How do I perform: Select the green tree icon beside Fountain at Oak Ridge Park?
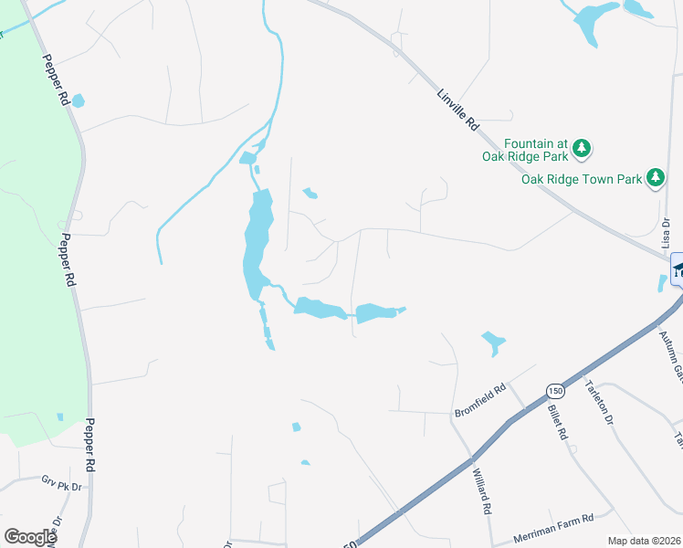pyautogui.click(x=582, y=148)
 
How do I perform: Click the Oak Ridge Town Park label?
pyautogui.click(x=582, y=179)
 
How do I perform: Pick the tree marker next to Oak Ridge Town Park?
pyautogui.click(x=655, y=177)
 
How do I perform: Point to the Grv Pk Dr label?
pyautogui.click(x=61, y=481)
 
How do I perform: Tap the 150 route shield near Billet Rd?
pyautogui.click(x=554, y=391)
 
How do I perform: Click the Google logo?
pyautogui.click(x=29, y=537)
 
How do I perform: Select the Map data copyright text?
pyautogui.click(x=645, y=541)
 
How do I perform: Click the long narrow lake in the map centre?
pyautogui.click(x=256, y=242)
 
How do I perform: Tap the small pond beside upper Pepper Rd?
pyautogui.click(x=78, y=100)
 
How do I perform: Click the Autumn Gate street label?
pyautogui.click(x=673, y=356)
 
